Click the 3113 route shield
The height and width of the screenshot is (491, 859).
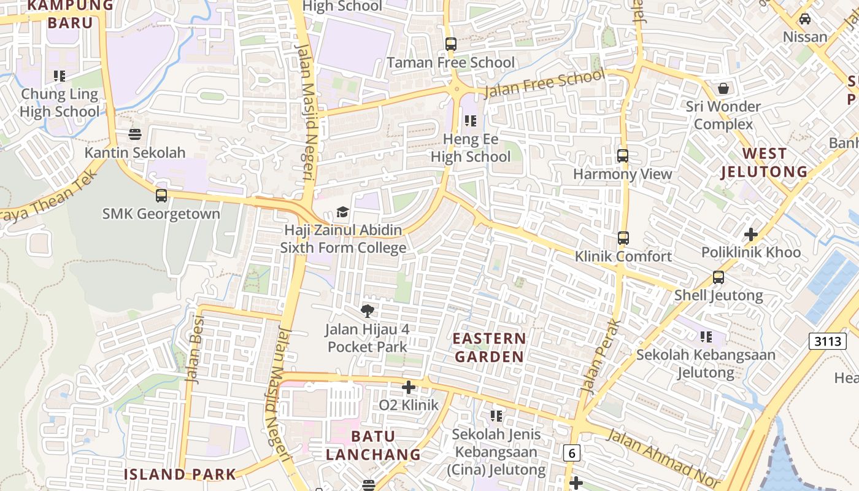[827, 341]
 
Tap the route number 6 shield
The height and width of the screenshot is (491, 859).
[572, 453]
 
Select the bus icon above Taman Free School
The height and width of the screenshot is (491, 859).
[451, 44]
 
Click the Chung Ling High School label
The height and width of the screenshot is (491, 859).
[60, 102]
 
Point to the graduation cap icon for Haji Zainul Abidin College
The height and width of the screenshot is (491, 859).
[342, 212]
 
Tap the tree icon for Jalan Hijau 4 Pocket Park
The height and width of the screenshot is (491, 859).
[368, 311]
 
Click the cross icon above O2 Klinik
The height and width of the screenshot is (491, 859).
[409, 387]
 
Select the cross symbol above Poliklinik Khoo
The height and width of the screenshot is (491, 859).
[751, 234]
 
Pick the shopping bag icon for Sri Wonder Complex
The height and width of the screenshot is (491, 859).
[723, 88]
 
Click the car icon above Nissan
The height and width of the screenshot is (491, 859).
[805, 19]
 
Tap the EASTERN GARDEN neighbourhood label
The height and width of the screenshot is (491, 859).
[490, 347]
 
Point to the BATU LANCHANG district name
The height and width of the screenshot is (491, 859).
[373, 446]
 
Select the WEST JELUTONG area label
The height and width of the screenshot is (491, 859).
[764, 163]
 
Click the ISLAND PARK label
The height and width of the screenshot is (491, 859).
[180, 474]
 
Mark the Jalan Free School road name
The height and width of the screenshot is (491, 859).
[544, 84]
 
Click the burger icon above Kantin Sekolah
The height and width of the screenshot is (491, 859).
[135, 134]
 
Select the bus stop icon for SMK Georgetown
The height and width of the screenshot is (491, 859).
[161, 196]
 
